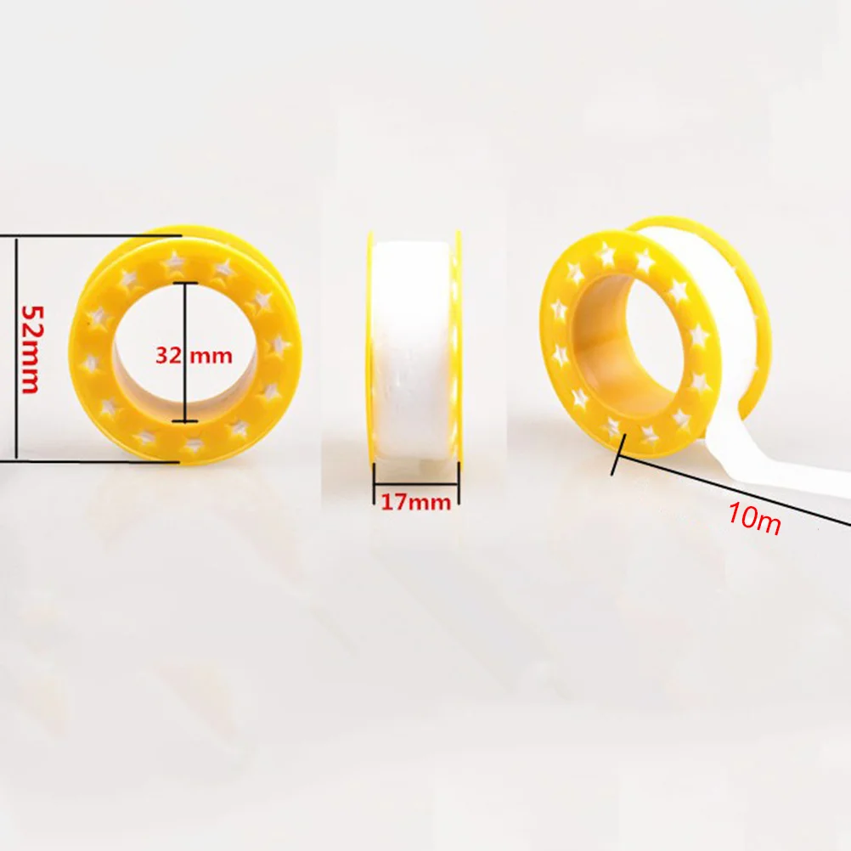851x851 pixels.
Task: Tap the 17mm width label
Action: click(415, 501)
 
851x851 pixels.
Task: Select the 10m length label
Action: click(754, 518)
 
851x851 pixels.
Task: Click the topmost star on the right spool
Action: click(606, 254)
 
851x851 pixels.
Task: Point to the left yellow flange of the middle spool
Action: click(371, 348)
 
